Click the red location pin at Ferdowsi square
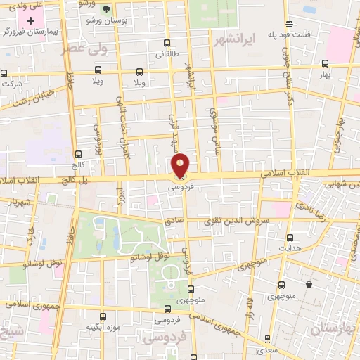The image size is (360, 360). (181, 165)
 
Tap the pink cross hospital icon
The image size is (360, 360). (30, 20)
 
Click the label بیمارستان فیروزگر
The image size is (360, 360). (28, 32)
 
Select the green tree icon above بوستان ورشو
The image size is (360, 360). (106, 9)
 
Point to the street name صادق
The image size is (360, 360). (174, 220)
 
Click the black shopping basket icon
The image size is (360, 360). (309, 284)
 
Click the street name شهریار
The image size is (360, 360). (21, 202)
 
